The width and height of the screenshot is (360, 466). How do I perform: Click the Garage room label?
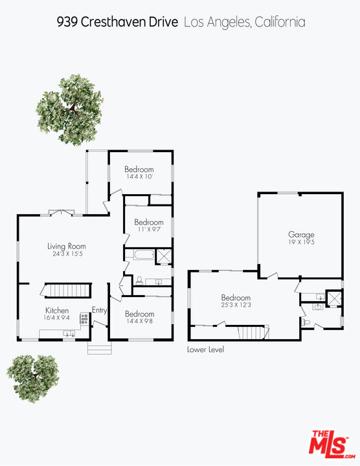click(301, 234)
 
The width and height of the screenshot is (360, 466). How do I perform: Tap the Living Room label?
click(66, 246)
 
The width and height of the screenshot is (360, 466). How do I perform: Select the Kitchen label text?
click(57, 310)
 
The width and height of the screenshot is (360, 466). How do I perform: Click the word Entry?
click(100, 310)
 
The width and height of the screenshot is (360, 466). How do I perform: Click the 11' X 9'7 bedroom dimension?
click(148, 229)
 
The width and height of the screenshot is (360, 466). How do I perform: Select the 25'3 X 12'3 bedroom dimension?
click(235, 305)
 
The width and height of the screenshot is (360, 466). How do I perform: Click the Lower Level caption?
click(205, 349)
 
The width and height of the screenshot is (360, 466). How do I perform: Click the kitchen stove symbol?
click(84, 318)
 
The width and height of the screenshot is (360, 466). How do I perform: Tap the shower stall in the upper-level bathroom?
click(164, 256)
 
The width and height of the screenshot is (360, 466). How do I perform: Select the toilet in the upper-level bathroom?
click(139, 280)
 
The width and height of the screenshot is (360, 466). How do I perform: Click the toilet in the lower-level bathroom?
click(308, 322)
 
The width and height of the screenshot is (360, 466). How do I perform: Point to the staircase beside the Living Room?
click(64, 291)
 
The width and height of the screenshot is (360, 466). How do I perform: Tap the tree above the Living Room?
click(69, 108)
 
